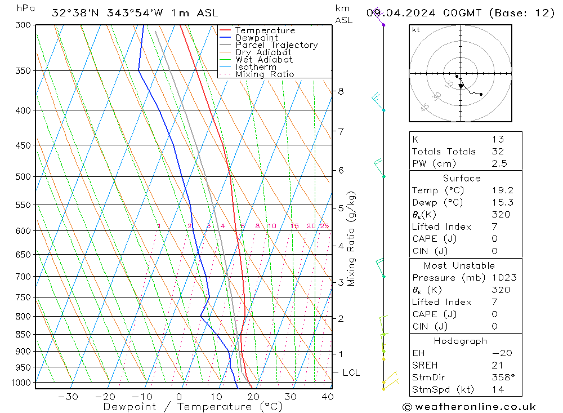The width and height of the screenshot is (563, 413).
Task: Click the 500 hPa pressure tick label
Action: pos(24,177)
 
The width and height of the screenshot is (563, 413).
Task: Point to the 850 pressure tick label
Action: pos(24,335)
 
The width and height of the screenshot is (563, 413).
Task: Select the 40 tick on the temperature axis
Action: pos(327,397)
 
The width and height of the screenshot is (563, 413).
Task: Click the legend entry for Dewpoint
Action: pos(256,38)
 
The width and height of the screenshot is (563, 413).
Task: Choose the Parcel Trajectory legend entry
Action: pos(276,45)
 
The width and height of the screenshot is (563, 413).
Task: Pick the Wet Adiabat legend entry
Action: pos(264,60)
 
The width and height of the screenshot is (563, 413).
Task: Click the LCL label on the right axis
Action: pos(351,373)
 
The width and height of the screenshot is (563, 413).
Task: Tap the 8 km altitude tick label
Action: pos(341,91)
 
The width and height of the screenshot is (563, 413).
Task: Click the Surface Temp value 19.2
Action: pos(502,190)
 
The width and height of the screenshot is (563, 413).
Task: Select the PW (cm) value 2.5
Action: pos(499,163)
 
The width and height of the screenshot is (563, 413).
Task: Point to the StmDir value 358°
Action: pos(502,378)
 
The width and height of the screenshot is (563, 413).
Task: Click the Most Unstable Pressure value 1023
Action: pos(503,277)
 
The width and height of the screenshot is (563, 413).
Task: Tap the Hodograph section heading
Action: pos(461,341)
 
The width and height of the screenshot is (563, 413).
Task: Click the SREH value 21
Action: pos(497,365)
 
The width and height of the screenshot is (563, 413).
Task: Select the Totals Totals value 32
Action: pos(497,151)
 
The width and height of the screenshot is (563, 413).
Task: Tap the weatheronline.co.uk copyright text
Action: pos(470,407)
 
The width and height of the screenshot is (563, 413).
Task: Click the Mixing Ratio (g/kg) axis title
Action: pos(351,238)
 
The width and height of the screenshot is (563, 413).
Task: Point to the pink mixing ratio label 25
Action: pos(324,226)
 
